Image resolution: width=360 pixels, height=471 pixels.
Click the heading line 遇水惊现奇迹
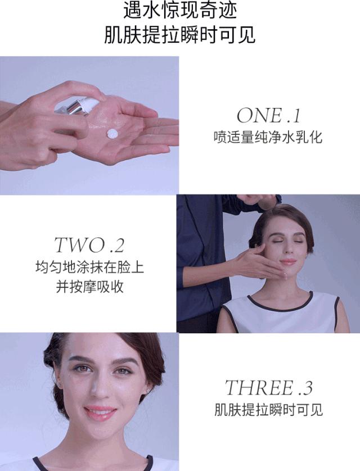point(180,11)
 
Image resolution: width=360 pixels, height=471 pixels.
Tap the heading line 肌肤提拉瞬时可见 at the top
point(180,35)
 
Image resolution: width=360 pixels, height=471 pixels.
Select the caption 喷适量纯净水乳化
point(268,137)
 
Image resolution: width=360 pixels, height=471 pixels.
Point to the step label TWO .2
point(89,245)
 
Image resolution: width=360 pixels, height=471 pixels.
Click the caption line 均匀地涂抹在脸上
point(89,266)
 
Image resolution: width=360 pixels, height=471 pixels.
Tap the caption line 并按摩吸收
point(89,287)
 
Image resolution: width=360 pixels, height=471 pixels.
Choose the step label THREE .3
point(268,388)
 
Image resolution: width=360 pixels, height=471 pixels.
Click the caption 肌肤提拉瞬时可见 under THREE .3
point(268,409)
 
